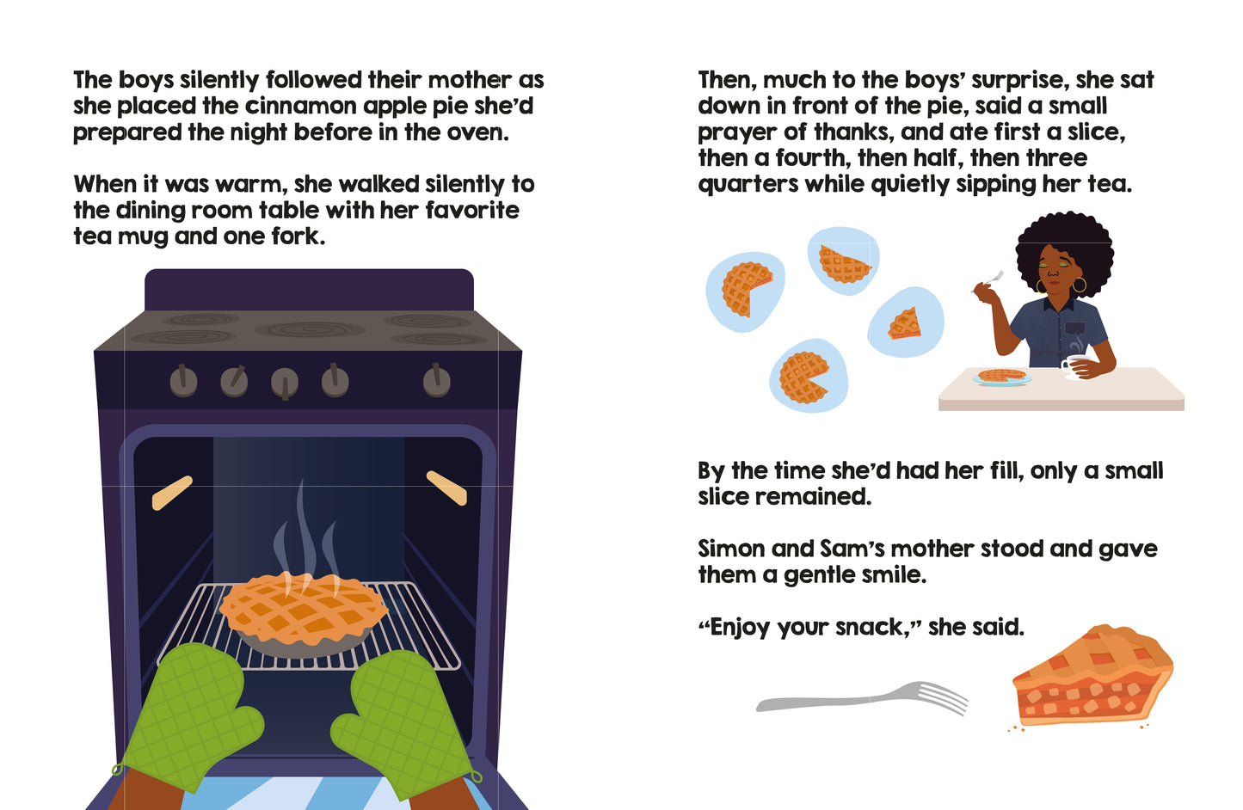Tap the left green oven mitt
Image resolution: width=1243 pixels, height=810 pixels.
click(x=188, y=715)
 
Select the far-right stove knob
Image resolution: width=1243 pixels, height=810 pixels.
click(x=437, y=381)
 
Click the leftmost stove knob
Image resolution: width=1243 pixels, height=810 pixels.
click(x=183, y=381)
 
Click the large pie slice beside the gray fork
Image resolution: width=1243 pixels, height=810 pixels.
click(x=1092, y=676)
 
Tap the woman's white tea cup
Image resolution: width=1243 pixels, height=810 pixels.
click(x=1074, y=366)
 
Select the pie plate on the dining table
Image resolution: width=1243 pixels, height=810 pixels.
click(x=1002, y=377)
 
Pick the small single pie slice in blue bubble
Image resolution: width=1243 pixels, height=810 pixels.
click(x=904, y=324)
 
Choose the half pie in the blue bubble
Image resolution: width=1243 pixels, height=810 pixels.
click(x=844, y=264)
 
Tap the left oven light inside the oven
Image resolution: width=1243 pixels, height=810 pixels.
click(x=172, y=493)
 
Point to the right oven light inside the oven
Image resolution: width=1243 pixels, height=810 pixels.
click(x=446, y=488)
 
